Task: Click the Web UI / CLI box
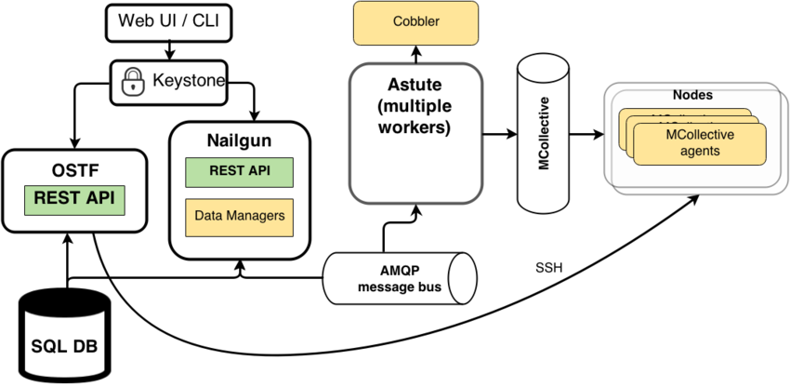coord(168,20)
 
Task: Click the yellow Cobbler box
coord(415,22)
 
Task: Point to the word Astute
coord(415,86)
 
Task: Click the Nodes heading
coord(691,95)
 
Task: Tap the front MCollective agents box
coord(700,142)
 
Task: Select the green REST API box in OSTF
coord(74,198)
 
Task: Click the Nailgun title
coord(239,141)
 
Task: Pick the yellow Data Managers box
coord(239,217)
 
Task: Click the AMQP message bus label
coord(399,278)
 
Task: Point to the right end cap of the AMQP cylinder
coord(462,278)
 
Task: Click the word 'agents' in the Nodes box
coord(700,151)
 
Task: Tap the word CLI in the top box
coord(204,20)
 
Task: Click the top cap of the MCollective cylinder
coord(543,63)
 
